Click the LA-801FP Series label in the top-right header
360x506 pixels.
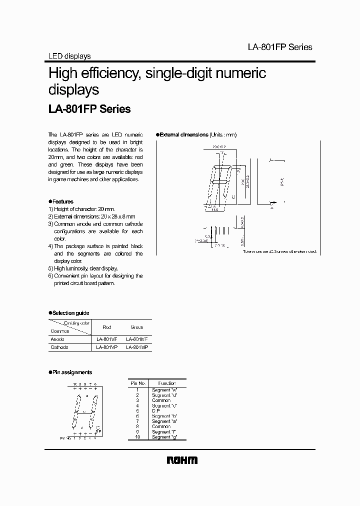pyautogui.click(x=280, y=47)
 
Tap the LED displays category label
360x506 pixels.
pyautogui.click(x=69, y=56)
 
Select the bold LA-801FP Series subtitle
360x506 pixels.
pyautogui.click(x=89, y=109)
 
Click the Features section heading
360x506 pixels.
pyautogui.click(x=62, y=201)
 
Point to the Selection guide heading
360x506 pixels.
pyautogui.click(x=70, y=313)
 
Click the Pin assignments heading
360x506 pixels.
pyautogui.click(x=71, y=372)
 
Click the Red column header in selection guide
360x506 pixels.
pyautogui.click(x=107, y=327)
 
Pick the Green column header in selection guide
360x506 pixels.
pyautogui.click(x=136, y=327)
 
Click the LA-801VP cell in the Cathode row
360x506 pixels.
pyautogui.click(x=107, y=347)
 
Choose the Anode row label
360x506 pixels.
pyautogui.click(x=57, y=339)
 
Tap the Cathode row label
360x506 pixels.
pyautogui.click(x=59, y=347)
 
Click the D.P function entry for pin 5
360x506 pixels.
pyautogui.click(x=156, y=410)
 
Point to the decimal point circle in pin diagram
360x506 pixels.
pyautogui.click(x=98, y=426)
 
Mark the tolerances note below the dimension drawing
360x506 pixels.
pyautogui.click(x=279, y=252)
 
